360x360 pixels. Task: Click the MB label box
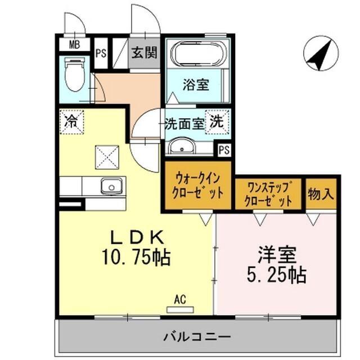tap(73, 44)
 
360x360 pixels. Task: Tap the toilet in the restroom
tap(74, 76)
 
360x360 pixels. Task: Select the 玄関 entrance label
tap(144, 53)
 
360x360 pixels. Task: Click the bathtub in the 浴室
tap(198, 55)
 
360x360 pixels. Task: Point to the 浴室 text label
tap(196, 85)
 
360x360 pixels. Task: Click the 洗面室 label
tap(184, 123)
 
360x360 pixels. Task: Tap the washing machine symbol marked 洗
tap(217, 123)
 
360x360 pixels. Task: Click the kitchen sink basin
tap(111, 185)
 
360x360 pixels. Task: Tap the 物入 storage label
tap(321, 195)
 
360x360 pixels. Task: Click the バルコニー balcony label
tap(197, 337)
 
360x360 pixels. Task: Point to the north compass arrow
tap(319, 55)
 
